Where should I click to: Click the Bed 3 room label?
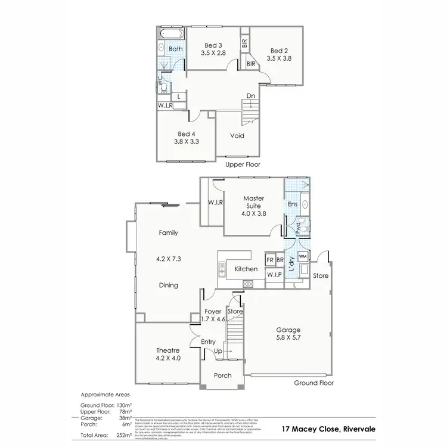pos(213,45)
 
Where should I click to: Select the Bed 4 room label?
pos(187,134)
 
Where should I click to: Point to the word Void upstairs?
pos(237,136)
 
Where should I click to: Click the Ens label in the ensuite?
pos(292,205)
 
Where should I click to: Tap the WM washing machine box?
pos(302,256)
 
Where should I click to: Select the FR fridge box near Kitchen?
pos(270,260)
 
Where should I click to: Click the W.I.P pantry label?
pos(274,275)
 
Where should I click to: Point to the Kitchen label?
pos(246,269)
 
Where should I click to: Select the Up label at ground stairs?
pos(218,352)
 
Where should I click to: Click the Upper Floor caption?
pos(243,164)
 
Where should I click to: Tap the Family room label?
pos(169,233)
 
